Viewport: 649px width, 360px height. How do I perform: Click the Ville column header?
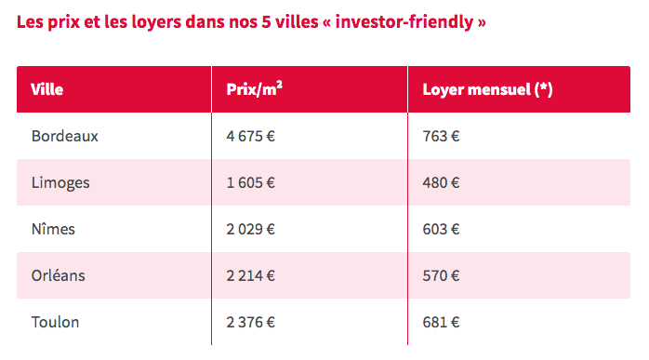(47, 89)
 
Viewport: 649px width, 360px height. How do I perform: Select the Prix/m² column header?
(254, 89)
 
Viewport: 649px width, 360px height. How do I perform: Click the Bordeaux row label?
(64, 136)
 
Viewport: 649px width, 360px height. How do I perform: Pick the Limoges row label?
(60, 182)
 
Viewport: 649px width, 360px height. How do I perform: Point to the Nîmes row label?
(53, 229)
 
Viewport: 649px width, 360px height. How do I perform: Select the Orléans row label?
(60, 275)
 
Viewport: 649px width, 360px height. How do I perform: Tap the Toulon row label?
(55, 322)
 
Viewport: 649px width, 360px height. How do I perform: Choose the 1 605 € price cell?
(250, 182)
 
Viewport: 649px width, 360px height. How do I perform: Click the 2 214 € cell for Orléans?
(250, 275)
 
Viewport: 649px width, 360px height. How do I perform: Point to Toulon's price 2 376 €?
(250, 322)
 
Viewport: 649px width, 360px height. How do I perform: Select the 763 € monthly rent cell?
(441, 136)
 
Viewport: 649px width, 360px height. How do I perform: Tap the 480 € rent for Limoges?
(441, 182)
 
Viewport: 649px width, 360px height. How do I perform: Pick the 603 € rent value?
(441, 229)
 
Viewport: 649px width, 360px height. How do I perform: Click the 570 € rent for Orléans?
(441, 275)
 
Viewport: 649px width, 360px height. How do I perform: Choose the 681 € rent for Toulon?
(441, 322)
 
